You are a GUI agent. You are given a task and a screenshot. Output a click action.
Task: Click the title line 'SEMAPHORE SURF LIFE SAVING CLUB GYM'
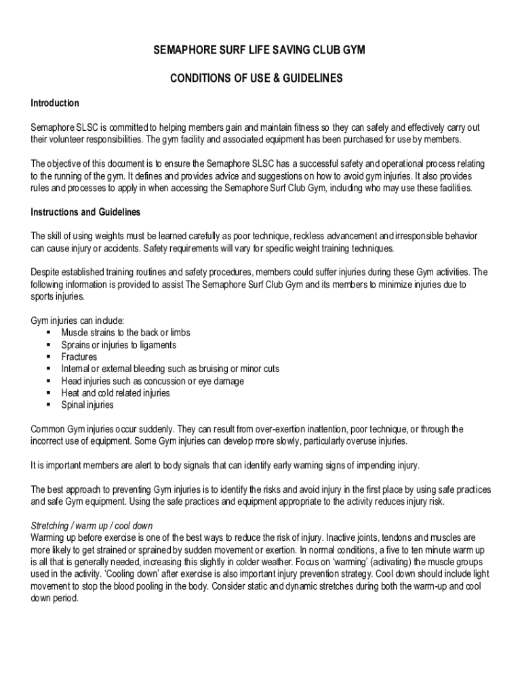pyautogui.click(x=260, y=52)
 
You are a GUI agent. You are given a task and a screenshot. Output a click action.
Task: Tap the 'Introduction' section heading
pyautogui.click(x=55, y=103)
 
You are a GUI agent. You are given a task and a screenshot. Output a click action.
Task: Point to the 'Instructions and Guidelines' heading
pyautogui.click(x=86, y=212)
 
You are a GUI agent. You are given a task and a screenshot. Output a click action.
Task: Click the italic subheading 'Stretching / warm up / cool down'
pyautogui.click(x=92, y=526)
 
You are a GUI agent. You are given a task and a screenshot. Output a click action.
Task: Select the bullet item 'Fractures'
pyautogui.click(x=79, y=357)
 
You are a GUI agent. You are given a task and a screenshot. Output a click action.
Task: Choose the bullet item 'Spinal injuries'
pyautogui.click(x=87, y=405)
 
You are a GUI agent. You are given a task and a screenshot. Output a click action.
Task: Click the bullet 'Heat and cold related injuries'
pyautogui.click(x=115, y=393)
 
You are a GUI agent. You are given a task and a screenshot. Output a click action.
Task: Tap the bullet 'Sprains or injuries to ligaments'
pyautogui.click(x=119, y=345)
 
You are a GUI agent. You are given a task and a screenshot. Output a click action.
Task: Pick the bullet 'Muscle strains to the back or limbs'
pyautogui.click(x=125, y=333)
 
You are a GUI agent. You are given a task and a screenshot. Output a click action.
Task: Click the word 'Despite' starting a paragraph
pyautogui.click(x=45, y=272)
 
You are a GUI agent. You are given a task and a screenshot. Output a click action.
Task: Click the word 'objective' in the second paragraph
pyautogui.click(x=68, y=164)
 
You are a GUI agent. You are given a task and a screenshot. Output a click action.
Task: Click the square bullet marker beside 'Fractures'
pyautogui.click(x=49, y=357)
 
